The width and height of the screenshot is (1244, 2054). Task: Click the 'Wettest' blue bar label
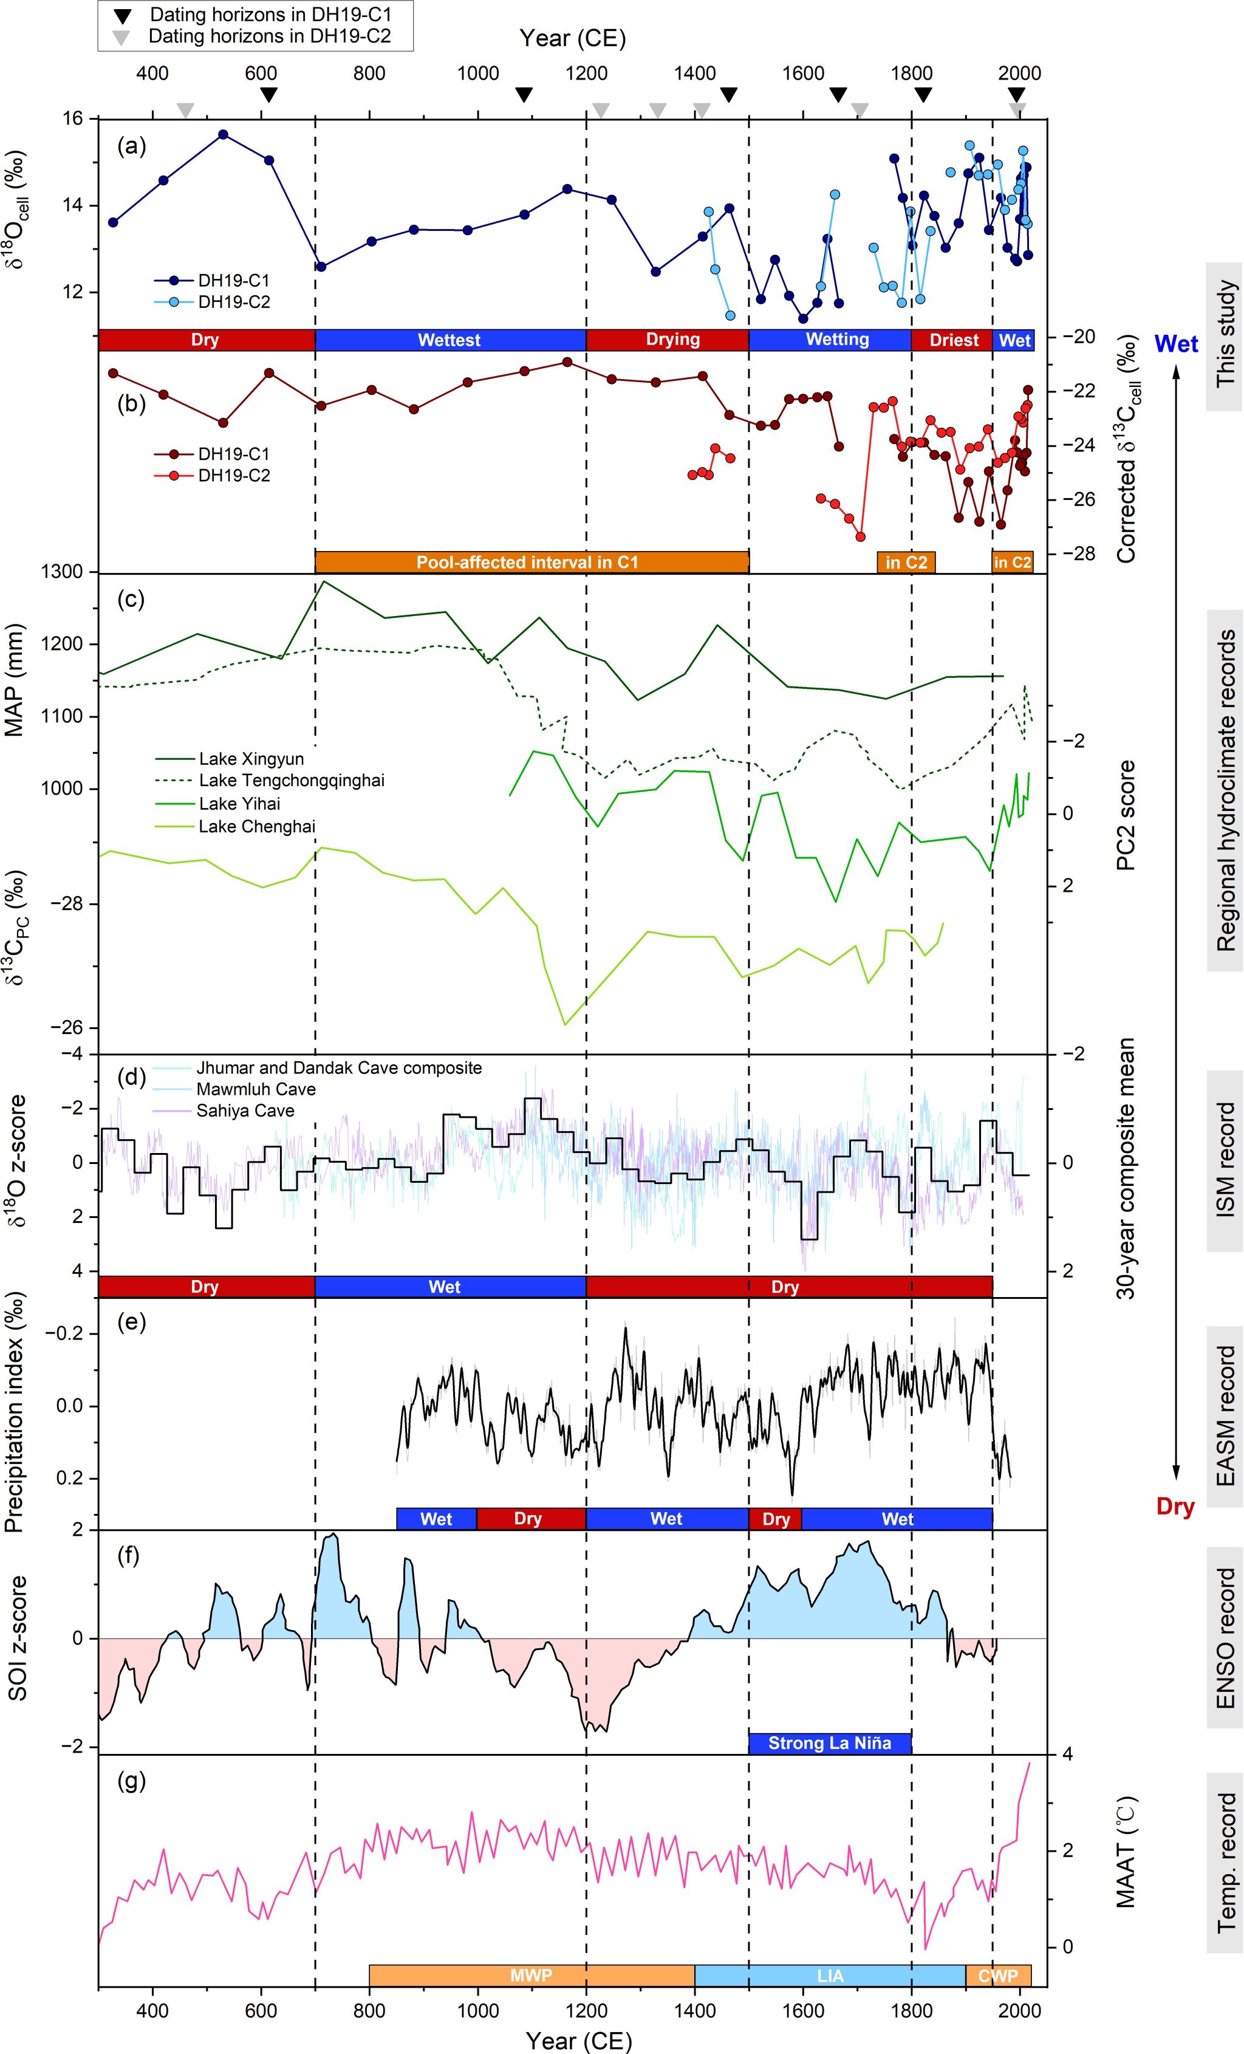click(450, 340)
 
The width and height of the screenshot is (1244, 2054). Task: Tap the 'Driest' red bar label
click(953, 340)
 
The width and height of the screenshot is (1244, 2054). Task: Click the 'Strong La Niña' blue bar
click(829, 1742)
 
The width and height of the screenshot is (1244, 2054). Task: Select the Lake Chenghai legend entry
click(256, 827)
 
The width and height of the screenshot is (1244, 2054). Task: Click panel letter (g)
click(132, 1781)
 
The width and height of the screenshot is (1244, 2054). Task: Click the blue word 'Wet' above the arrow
click(1177, 343)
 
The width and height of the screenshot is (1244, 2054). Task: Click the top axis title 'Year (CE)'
click(572, 38)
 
